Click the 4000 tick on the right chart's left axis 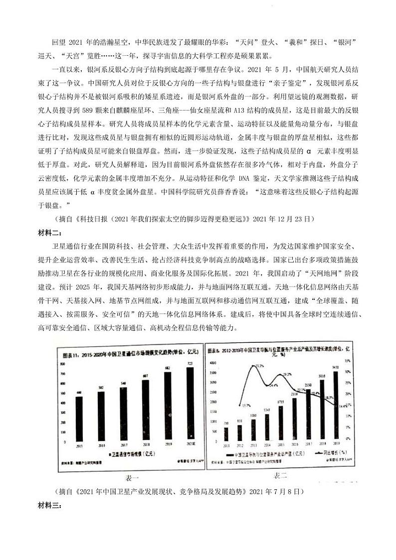click(x=213, y=362)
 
